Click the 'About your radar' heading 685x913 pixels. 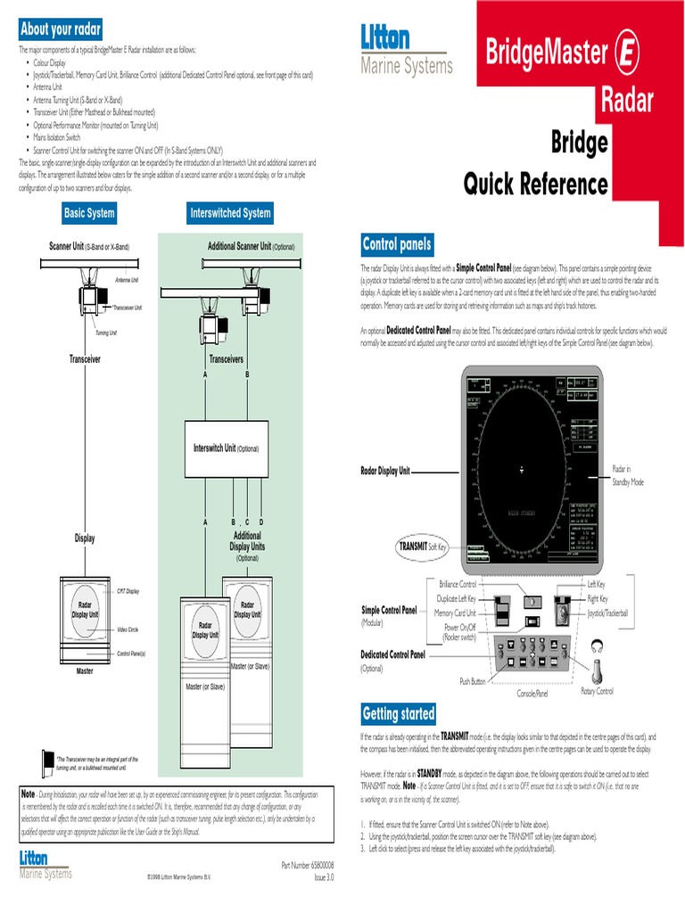(x=61, y=28)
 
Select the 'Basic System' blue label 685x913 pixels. (x=89, y=213)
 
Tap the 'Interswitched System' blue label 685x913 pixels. (x=230, y=213)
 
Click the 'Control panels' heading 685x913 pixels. (x=397, y=244)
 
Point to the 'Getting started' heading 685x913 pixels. (x=399, y=713)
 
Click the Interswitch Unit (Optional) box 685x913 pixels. (x=227, y=448)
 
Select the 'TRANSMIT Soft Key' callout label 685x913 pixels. (x=422, y=546)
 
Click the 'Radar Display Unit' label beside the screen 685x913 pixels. (x=385, y=472)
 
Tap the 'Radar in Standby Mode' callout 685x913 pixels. (x=622, y=475)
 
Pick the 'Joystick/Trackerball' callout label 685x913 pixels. (x=607, y=613)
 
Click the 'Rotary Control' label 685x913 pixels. (x=597, y=691)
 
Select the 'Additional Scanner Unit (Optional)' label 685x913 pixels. (x=251, y=246)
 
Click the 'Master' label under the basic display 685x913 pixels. (x=85, y=670)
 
